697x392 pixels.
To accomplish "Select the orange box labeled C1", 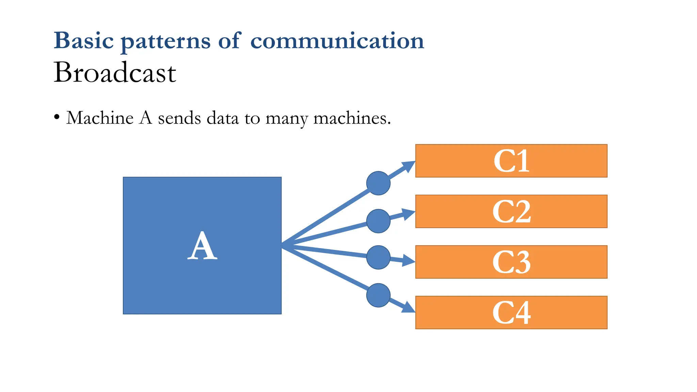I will point(511,161).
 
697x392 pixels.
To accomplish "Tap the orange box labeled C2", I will point(511,211).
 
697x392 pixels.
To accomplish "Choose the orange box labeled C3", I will point(511,262).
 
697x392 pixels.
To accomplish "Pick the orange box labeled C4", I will point(511,312).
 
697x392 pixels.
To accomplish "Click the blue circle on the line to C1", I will point(378,183).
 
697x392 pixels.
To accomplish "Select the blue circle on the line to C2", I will point(378,221).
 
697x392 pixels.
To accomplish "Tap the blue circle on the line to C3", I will point(378,257).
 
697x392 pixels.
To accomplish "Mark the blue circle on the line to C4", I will point(378,295).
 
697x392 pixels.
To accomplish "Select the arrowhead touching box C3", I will point(408,261).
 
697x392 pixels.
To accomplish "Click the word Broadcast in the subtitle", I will point(115,72).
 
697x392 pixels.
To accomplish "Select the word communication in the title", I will point(337,41).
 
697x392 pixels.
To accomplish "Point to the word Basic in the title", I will point(84,41).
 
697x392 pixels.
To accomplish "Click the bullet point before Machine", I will point(57,118).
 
